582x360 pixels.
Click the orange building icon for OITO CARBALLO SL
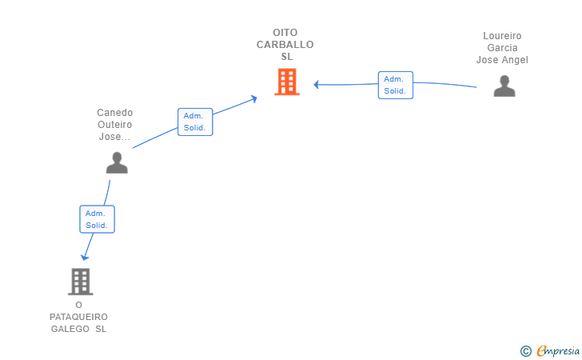tap(287, 82)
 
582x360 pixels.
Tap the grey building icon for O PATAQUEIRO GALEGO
tap(81, 282)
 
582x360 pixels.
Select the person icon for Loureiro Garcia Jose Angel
tap(504, 86)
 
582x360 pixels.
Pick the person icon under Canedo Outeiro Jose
tap(117, 162)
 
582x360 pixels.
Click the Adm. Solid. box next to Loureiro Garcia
tap(396, 85)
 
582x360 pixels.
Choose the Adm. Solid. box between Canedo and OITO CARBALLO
tap(195, 122)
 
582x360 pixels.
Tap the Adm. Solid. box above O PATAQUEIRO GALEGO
tap(98, 219)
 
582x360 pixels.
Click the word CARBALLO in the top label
tap(285, 45)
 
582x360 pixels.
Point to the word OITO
tap(285, 33)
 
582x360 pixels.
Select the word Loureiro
tap(502, 36)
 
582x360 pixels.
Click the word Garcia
tap(502, 48)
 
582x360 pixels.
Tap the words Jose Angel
tap(502, 60)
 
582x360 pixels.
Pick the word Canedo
tap(114, 113)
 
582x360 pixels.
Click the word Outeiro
tap(114, 125)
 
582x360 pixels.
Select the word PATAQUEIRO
tap(78, 317)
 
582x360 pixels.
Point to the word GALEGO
tap(70, 329)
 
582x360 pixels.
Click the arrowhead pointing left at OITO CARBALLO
tap(317, 85)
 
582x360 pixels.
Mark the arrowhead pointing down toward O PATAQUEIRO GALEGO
tap(85, 257)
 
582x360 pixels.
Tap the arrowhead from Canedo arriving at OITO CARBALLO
tap(254, 98)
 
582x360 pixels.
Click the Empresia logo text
tap(558, 350)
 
